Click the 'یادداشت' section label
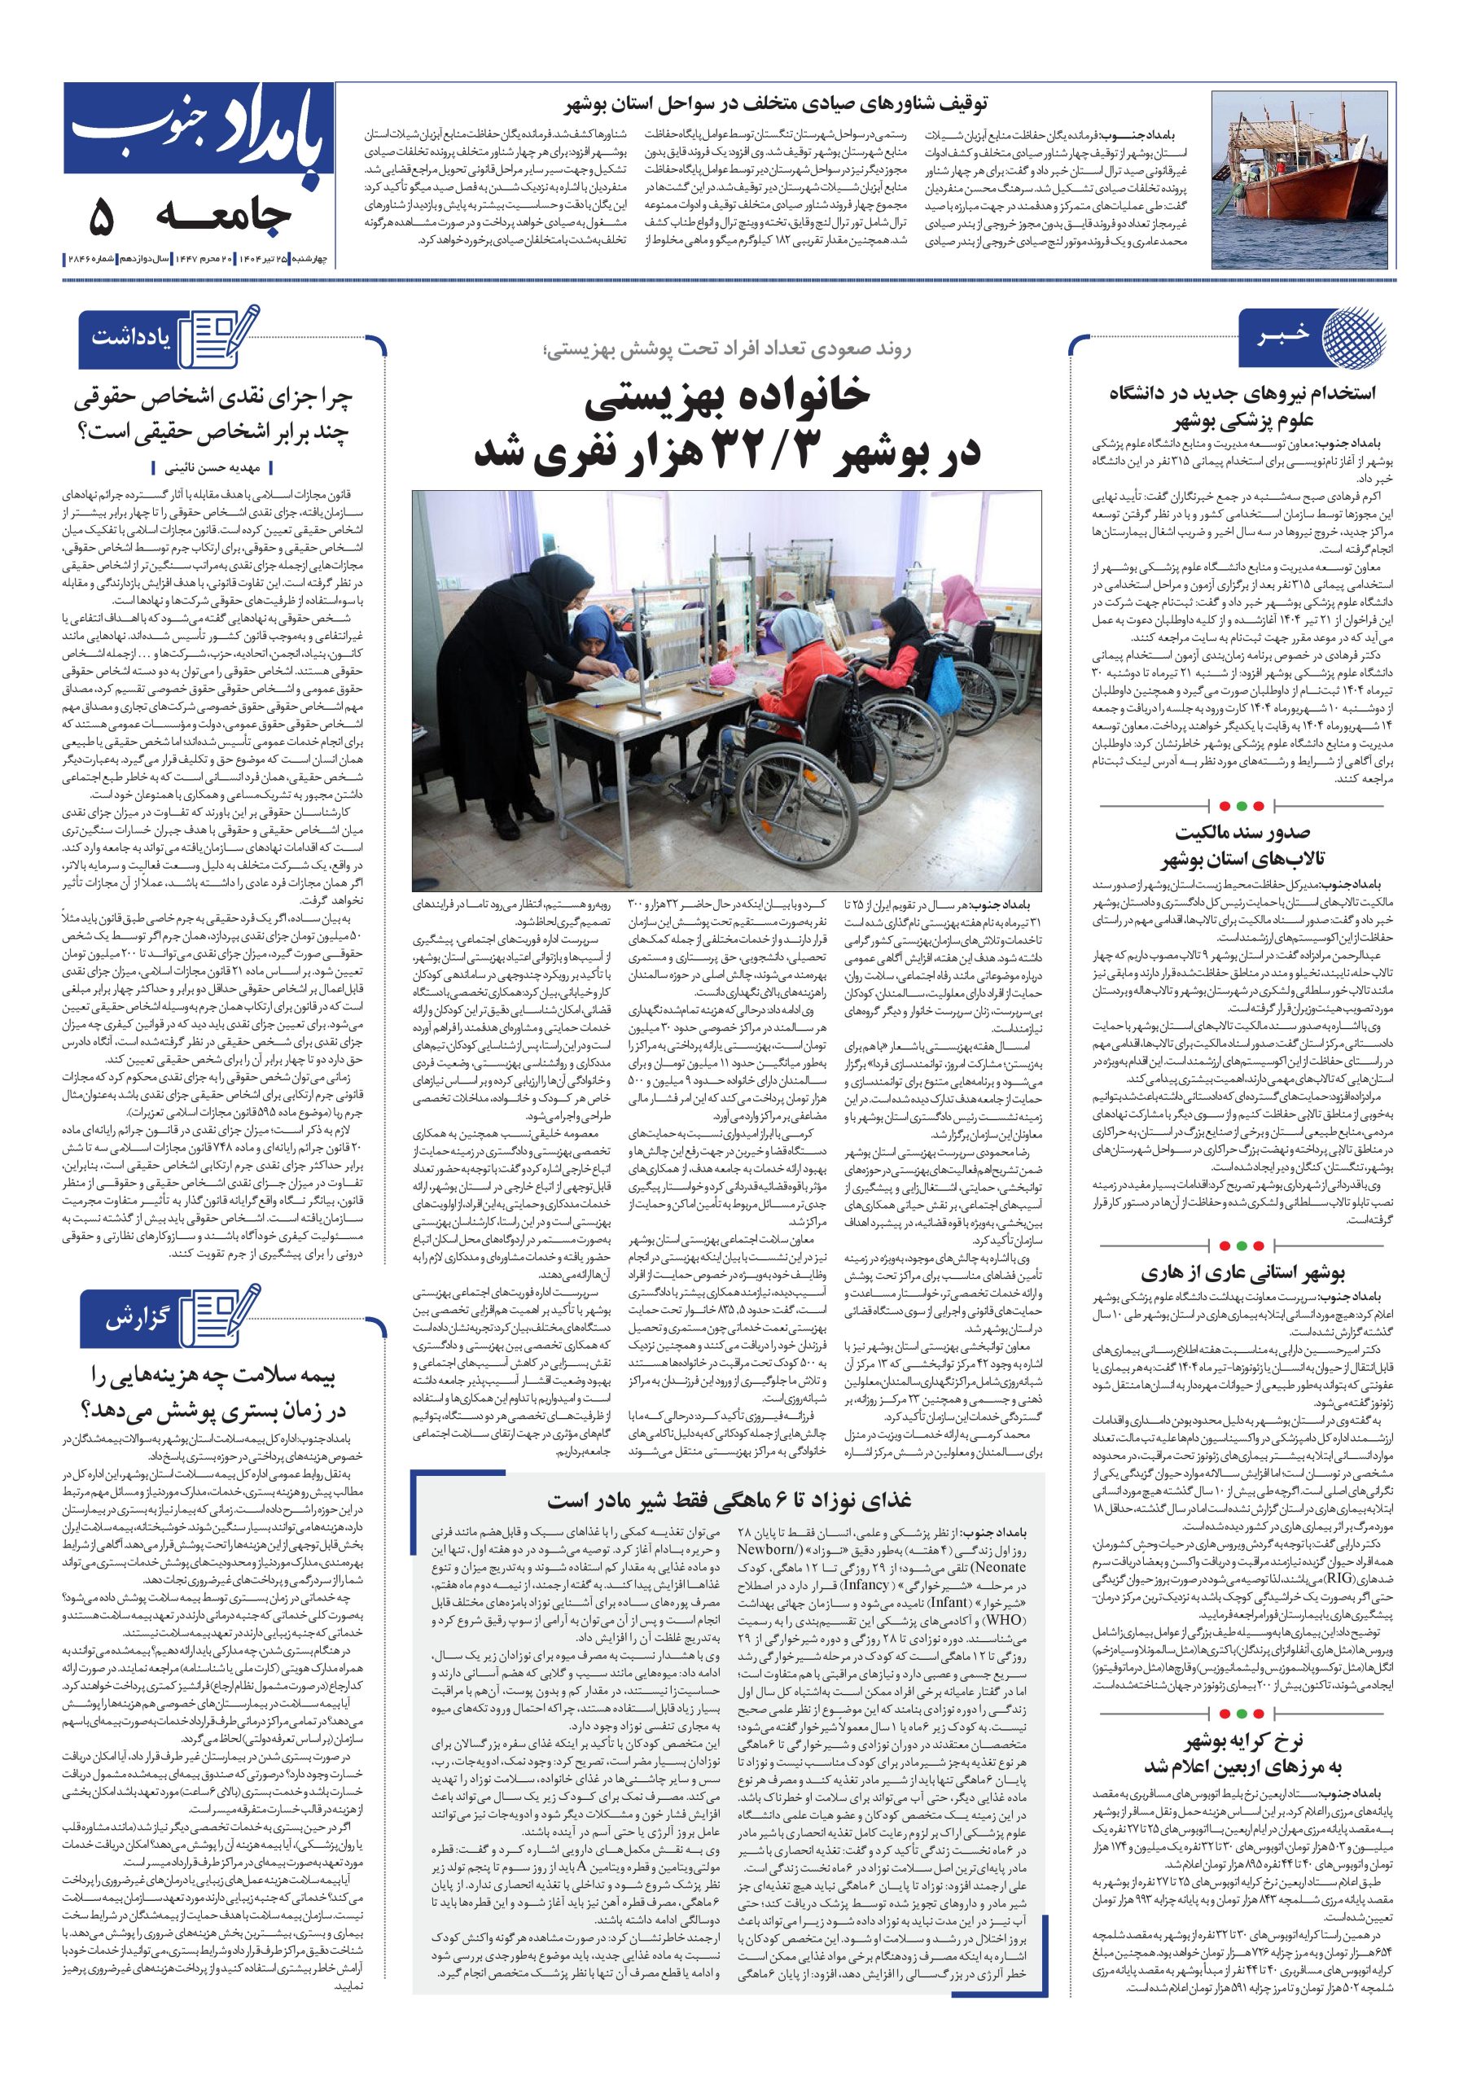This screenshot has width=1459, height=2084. (x=131, y=338)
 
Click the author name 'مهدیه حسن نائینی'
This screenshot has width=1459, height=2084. (x=214, y=468)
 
